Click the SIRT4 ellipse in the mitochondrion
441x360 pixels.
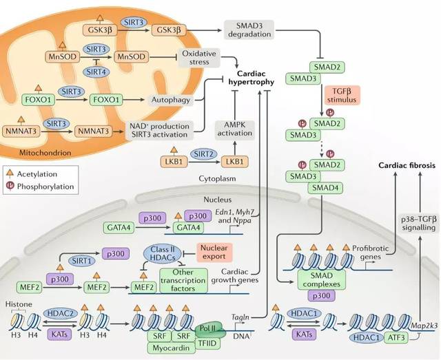tap(94, 72)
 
